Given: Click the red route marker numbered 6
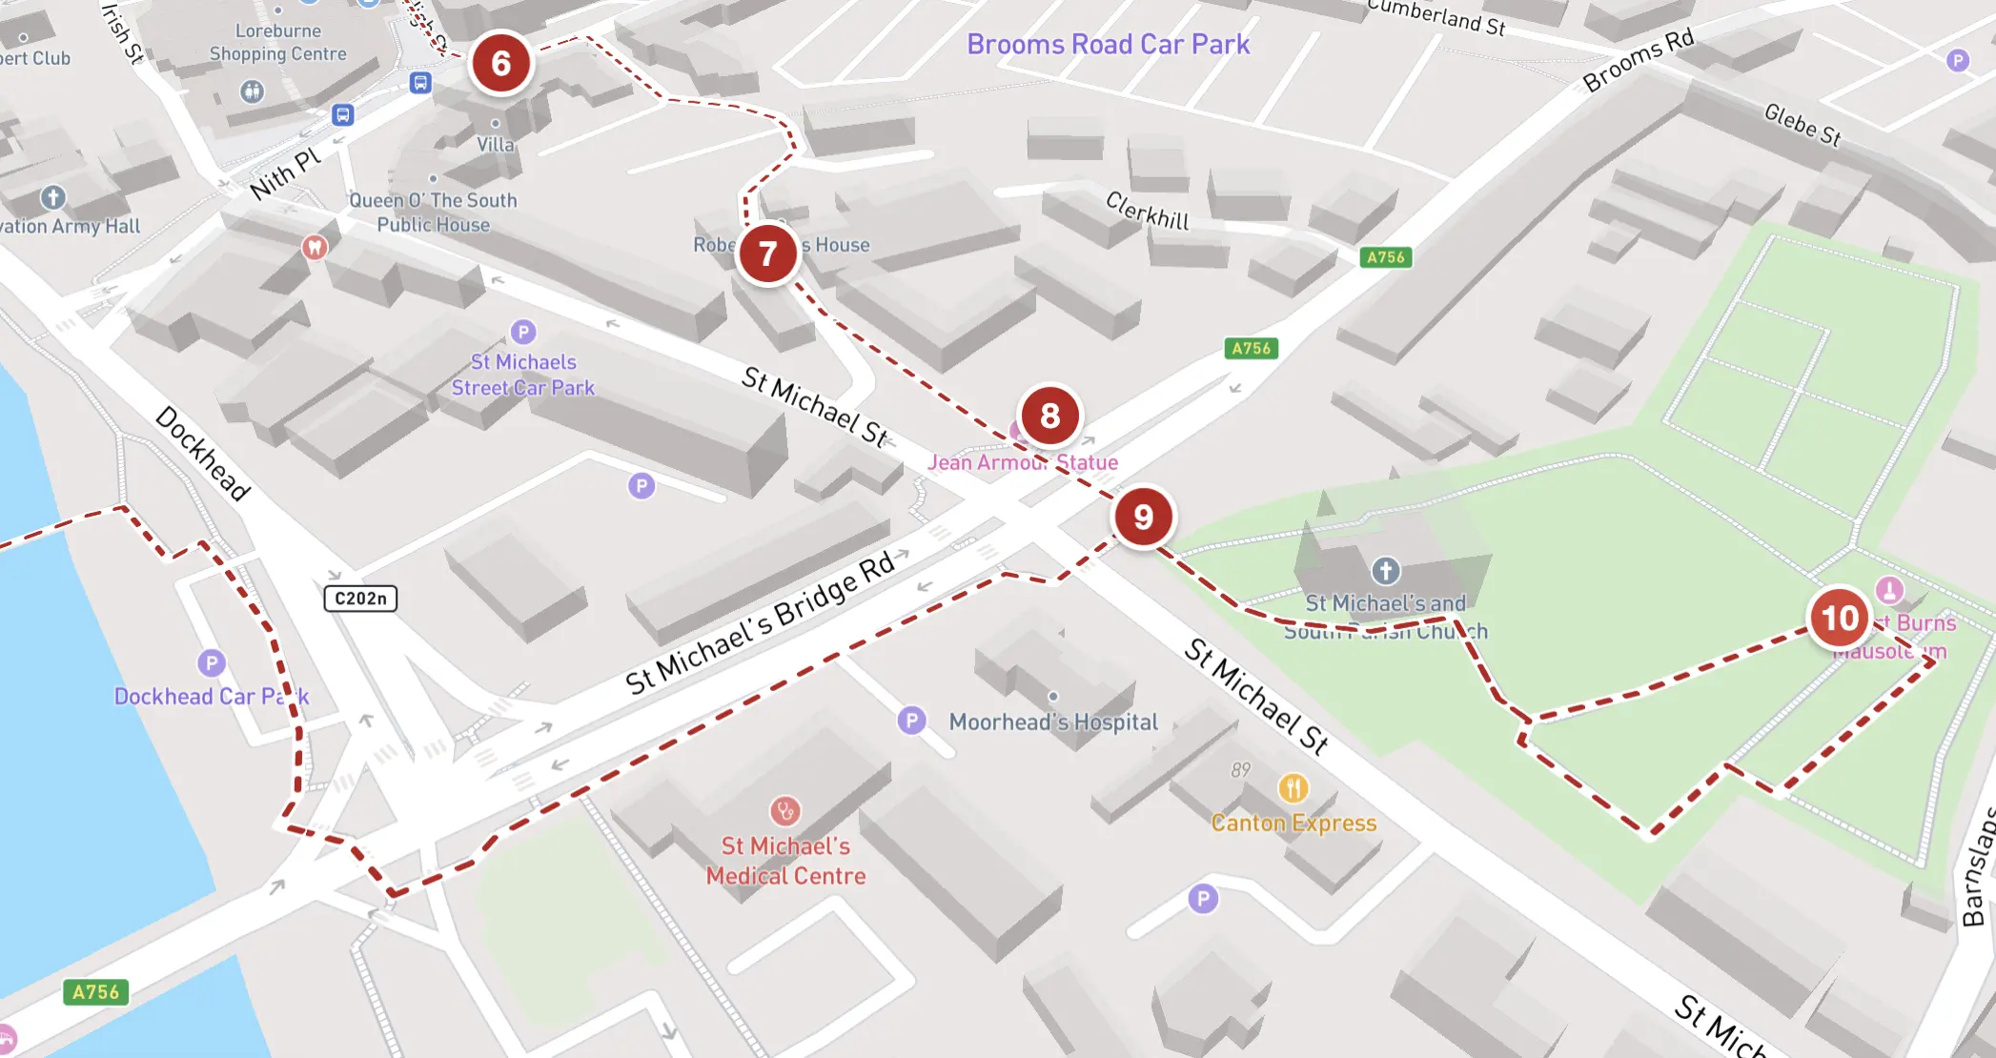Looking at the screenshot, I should pyautogui.click(x=500, y=64).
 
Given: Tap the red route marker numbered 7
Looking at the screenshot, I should pyautogui.click(x=767, y=254).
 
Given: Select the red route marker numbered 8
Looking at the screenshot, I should pyautogui.click(x=1049, y=416).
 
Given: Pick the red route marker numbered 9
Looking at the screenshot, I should pyautogui.click(x=1143, y=517).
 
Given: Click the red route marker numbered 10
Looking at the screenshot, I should pyautogui.click(x=1840, y=618).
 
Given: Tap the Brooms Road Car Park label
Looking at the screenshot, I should pyautogui.click(x=1108, y=45).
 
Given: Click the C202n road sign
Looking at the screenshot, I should pyautogui.click(x=360, y=599).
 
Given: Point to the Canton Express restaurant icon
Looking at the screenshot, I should pyautogui.click(x=1293, y=788).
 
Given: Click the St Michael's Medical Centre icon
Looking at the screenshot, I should pyautogui.click(x=784, y=811).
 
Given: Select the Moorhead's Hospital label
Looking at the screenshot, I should pyautogui.click(x=1053, y=722).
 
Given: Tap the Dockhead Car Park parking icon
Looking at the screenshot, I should pyautogui.click(x=212, y=662).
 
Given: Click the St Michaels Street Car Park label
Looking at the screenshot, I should pyautogui.click(x=523, y=376).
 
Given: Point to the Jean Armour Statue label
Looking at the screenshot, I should pyautogui.click(x=1023, y=463).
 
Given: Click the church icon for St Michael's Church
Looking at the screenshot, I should pyautogui.click(x=1385, y=571).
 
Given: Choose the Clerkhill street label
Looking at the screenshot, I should pyautogui.click(x=1148, y=212).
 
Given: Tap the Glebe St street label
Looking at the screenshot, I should pyautogui.click(x=1802, y=125).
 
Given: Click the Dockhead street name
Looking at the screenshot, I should pyautogui.click(x=203, y=454).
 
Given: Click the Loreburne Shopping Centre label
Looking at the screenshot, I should pyautogui.click(x=278, y=43).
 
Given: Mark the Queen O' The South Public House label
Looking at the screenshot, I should pyautogui.click(x=433, y=213).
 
